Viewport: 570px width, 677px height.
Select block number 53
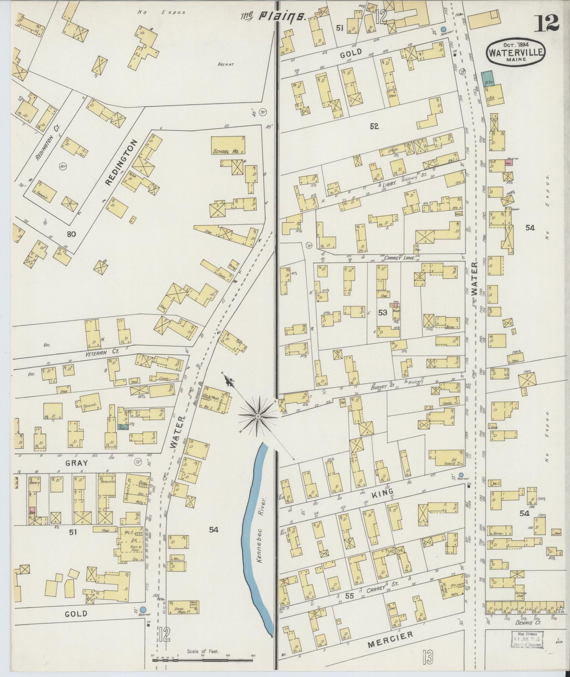[382, 312]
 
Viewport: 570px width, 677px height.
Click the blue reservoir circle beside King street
[461, 475]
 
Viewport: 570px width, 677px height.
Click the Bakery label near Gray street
[32, 483]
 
